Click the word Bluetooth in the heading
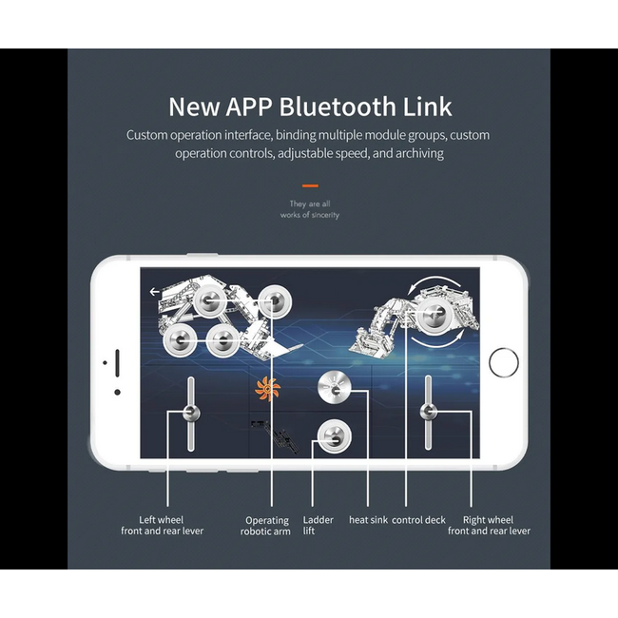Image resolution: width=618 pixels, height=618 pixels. tap(338, 106)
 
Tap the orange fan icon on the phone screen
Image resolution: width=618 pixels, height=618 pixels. tap(267, 389)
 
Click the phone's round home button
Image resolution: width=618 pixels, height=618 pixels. tap(503, 362)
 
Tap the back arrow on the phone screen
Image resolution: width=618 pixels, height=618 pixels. tap(154, 292)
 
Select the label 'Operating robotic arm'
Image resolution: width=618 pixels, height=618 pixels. tap(265, 526)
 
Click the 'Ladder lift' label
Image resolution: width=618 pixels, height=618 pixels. tap(319, 526)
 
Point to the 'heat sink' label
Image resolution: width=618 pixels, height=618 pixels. tap(368, 520)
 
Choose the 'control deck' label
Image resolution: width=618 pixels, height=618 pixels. tap(418, 520)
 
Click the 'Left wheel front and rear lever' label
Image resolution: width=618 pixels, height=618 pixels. tap(162, 526)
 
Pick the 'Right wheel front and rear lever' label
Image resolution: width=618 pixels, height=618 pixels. tap(489, 526)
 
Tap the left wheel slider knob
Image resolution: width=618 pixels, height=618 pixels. tap(191, 413)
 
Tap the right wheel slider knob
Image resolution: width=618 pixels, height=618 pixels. tap(429, 412)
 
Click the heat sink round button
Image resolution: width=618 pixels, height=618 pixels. tap(335, 387)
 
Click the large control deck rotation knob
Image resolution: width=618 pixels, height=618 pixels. tap(434, 315)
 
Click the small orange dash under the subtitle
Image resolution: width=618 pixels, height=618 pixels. tap(310, 185)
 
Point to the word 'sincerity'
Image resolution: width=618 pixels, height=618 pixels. tap(325, 215)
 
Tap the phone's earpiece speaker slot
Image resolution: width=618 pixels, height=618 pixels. tap(117, 362)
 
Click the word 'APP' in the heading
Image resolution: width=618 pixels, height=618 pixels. tap(249, 106)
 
